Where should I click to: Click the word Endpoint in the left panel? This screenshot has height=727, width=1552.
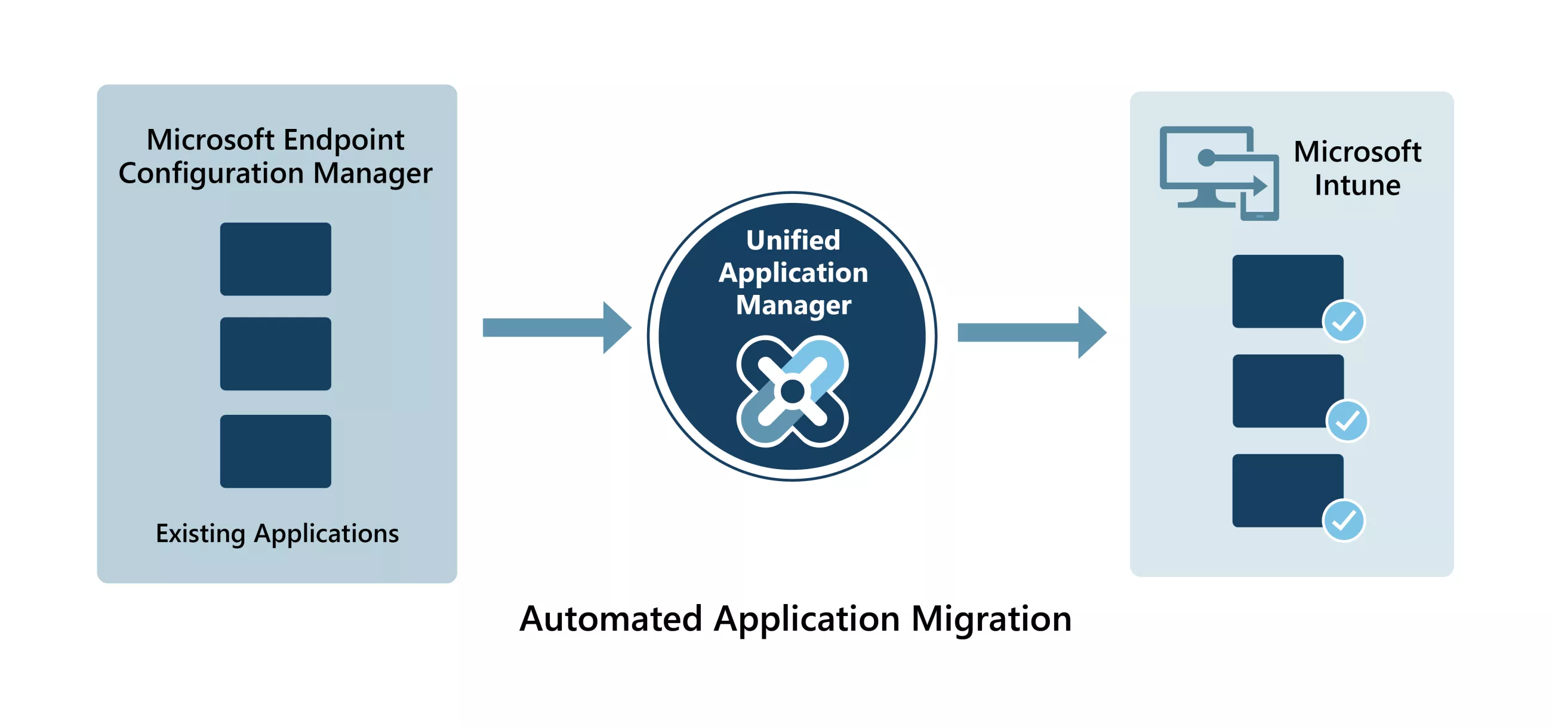[343, 140]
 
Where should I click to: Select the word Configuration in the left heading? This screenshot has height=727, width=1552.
[211, 174]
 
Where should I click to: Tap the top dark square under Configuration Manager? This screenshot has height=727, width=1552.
[275, 259]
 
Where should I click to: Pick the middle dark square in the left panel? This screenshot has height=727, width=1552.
[275, 353]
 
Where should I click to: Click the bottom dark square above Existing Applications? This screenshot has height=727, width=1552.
[275, 451]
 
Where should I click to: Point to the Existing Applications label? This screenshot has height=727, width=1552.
[277, 534]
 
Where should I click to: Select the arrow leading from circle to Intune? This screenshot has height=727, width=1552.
[1031, 332]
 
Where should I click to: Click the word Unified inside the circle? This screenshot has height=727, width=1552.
[793, 241]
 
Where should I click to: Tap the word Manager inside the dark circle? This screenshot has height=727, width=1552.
[793, 305]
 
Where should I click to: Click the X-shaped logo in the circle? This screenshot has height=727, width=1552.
[793, 392]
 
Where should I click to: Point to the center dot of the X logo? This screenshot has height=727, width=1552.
[793, 392]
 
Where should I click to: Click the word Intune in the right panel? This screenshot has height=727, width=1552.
[1357, 185]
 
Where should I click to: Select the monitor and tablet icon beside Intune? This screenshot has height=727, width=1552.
[1218, 173]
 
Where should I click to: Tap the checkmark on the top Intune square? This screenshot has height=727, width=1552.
[1344, 321]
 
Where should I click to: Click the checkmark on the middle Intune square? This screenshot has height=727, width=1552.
[1347, 421]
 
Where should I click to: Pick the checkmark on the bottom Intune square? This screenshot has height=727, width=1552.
[1344, 520]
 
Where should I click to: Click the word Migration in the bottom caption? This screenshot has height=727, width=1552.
[991, 618]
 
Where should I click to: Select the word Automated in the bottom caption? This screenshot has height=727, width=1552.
[610, 618]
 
